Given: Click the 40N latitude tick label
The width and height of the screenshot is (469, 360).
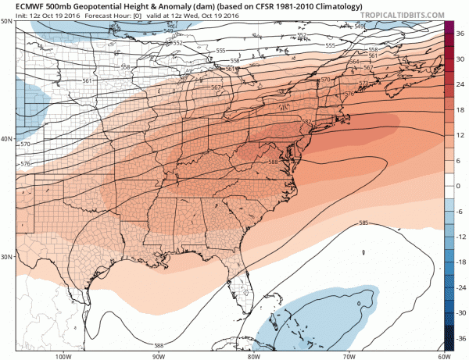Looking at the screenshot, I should click(7, 139).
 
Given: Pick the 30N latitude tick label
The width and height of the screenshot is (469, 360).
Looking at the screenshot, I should click(7, 257).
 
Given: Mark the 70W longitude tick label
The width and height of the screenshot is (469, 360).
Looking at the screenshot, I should click(346, 356).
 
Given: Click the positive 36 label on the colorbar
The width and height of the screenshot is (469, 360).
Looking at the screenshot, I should click(461, 34).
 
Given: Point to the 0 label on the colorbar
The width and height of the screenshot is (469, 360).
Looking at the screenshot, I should click(460, 186).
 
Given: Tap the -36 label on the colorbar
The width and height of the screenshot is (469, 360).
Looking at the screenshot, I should click(461, 338).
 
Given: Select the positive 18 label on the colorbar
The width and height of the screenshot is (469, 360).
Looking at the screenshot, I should click(461, 110).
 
